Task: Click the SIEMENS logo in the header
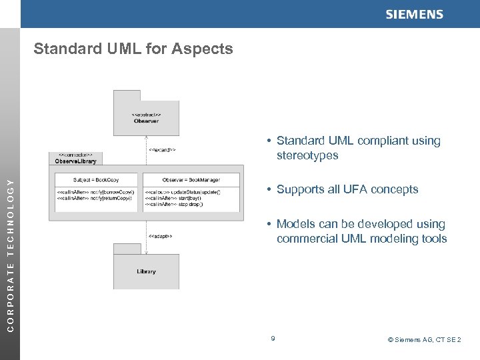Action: (x=413, y=15)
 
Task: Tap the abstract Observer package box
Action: (x=146, y=117)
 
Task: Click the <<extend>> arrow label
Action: (x=162, y=150)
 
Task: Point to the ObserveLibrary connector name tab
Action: (x=73, y=159)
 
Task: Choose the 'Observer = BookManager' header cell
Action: (x=191, y=180)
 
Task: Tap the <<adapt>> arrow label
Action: (x=161, y=235)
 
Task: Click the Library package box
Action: (x=146, y=271)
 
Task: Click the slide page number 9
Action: (x=273, y=339)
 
